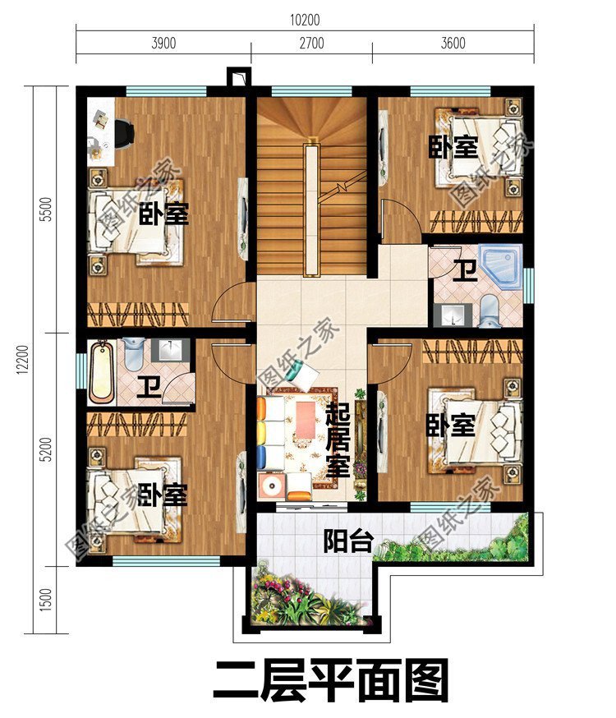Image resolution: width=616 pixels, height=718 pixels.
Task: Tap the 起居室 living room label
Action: (338, 442)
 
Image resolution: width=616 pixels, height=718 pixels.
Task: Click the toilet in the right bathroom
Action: (489, 307)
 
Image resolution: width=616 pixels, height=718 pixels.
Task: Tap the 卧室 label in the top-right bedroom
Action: (453, 148)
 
